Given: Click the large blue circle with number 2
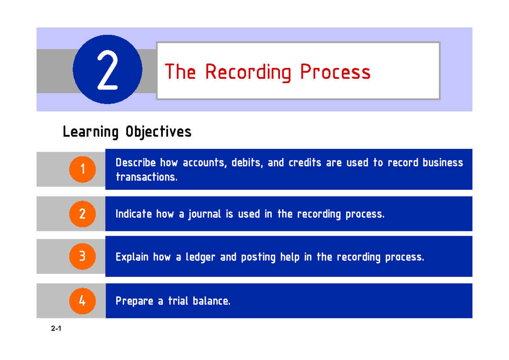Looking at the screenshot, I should (x=107, y=70).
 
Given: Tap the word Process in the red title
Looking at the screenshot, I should (x=336, y=72).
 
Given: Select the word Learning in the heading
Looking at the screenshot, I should (x=90, y=132).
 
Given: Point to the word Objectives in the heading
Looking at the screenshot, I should (x=158, y=132).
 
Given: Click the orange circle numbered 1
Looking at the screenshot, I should (x=82, y=169).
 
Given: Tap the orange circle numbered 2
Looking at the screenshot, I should (x=82, y=213).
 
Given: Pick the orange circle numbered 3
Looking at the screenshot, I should (x=82, y=257).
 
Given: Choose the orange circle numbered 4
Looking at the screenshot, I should (x=82, y=301).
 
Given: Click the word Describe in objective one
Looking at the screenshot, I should (x=136, y=163).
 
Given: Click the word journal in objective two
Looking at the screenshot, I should (x=205, y=215).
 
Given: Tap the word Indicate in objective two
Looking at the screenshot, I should (x=134, y=215).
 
